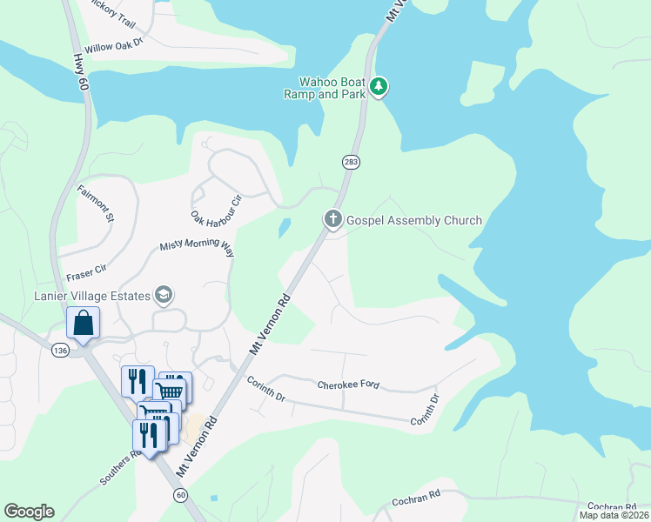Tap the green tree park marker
(379, 87)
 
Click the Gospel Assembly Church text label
(413, 220)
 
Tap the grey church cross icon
(332, 218)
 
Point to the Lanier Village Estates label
(91, 296)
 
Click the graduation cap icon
(163, 296)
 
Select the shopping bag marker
(84, 324)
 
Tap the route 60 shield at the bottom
(180, 495)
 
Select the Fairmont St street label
(96, 204)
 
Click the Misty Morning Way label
(198, 248)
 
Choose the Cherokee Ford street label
(348, 385)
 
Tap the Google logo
(30, 512)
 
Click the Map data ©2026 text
(614, 515)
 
